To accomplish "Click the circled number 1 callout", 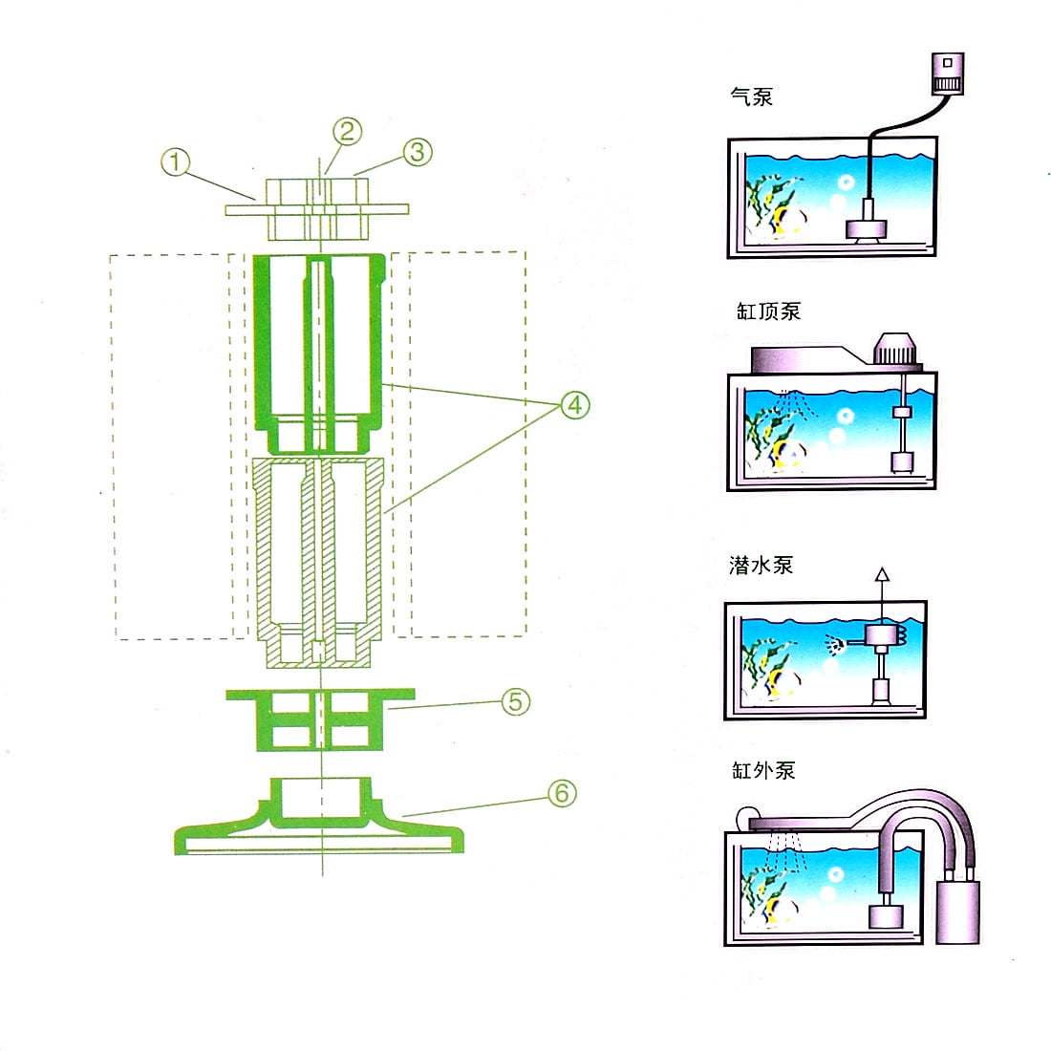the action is point(176,162).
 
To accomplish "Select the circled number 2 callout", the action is point(347,132).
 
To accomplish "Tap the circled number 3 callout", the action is point(417,152).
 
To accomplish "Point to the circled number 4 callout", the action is point(575,405).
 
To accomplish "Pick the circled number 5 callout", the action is point(515,702).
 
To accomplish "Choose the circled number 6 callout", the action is point(562,794).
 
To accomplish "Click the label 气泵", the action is point(751,97).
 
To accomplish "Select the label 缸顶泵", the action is point(769,311).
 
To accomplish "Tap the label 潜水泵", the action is point(761,565).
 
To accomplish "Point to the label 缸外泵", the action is point(763,770).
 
